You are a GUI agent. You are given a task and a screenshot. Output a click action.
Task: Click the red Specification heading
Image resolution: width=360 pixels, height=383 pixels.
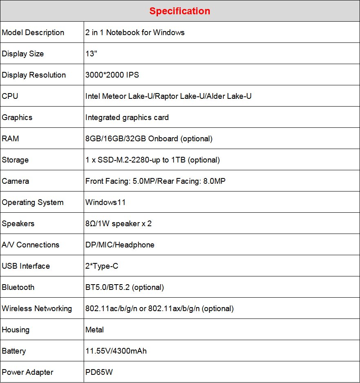tap(180, 11)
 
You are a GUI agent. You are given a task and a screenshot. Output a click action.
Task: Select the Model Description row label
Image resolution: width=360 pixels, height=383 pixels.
tap(33, 33)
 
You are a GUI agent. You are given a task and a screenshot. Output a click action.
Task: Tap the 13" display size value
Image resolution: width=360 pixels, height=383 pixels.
tap(91, 54)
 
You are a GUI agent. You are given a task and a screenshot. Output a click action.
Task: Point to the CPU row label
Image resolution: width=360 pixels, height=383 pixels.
tap(10, 96)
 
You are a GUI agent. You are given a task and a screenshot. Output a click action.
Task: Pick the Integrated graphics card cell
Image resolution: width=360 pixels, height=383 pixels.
tap(127, 118)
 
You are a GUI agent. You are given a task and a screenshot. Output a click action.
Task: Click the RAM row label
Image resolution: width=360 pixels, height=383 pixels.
tap(11, 139)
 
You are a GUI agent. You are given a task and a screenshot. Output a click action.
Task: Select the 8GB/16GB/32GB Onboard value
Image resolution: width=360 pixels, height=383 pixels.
tap(149, 139)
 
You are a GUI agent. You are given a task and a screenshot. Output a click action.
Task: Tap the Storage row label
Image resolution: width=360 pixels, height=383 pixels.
tap(16, 160)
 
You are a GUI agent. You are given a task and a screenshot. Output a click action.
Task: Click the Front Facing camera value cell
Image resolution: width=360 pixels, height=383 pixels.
tap(155, 181)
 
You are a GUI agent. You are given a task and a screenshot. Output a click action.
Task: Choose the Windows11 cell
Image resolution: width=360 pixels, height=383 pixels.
tap(106, 203)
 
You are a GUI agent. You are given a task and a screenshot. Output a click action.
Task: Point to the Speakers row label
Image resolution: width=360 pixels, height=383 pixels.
tap(18, 224)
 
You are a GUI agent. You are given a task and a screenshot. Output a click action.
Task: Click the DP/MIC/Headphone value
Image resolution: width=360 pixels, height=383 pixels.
tap(120, 245)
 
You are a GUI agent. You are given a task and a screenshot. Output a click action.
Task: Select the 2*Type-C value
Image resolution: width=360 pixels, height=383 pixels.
tap(102, 266)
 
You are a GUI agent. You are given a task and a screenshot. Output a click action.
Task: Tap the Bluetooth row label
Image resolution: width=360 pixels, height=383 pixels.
tap(18, 287)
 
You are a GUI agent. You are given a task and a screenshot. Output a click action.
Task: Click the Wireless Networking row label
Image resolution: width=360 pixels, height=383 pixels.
tap(37, 309)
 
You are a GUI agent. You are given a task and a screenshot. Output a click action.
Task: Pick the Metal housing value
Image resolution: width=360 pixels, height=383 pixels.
tap(95, 330)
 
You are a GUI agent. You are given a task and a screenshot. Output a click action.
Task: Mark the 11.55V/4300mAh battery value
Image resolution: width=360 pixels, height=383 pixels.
tap(116, 351)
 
